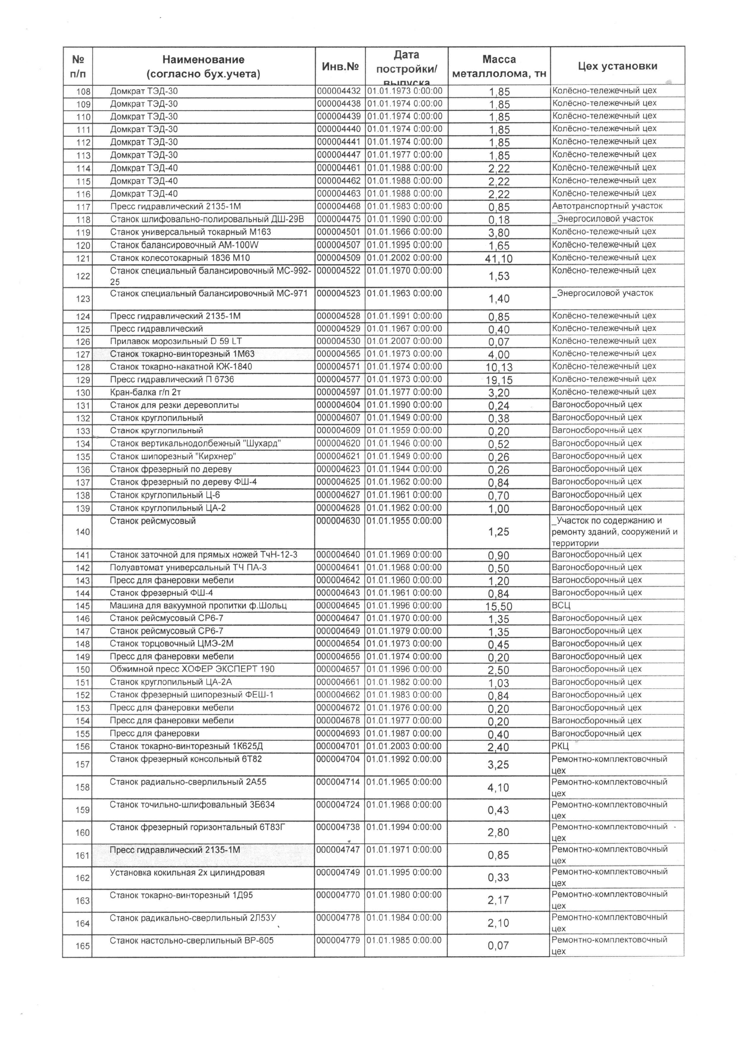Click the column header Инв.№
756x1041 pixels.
point(340,66)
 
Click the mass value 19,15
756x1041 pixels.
point(499,380)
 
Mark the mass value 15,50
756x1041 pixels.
point(499,607)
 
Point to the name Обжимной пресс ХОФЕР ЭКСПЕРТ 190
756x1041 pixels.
point(192,669)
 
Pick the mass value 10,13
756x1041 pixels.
point(499,367)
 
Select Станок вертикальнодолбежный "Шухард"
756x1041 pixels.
point(195,444)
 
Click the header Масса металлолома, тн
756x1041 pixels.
point(499,66)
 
